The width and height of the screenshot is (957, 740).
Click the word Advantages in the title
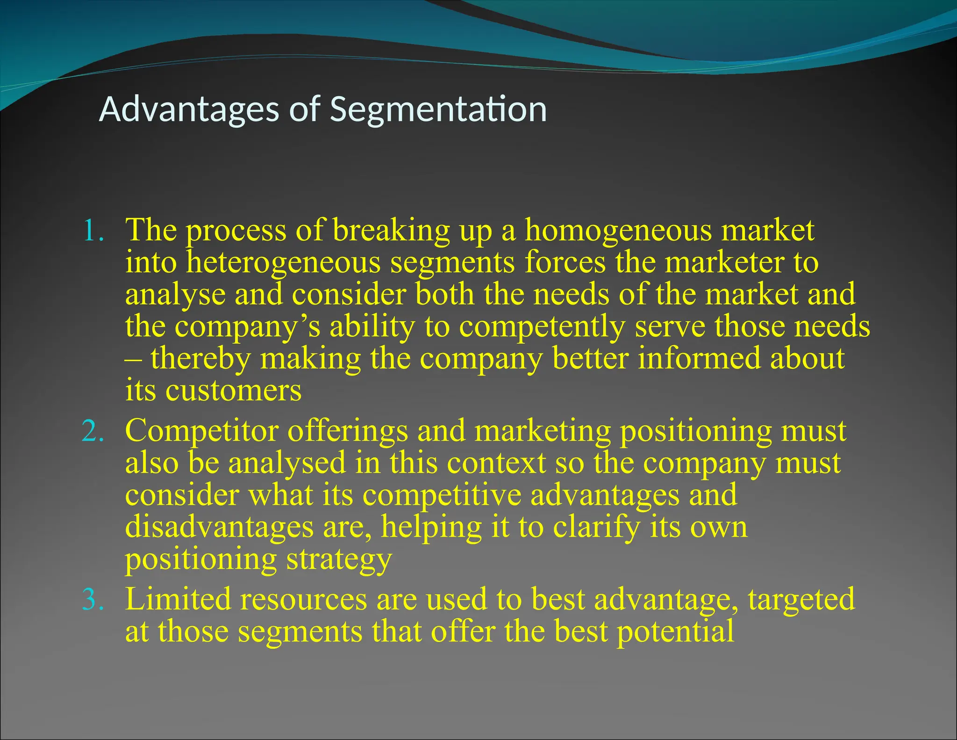[189, 109]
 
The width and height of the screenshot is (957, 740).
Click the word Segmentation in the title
[438, 109]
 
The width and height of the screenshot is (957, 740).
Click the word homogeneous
[617, 231]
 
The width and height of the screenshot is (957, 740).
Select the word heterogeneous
[283, 263]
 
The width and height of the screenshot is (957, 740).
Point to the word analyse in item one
[175, 296]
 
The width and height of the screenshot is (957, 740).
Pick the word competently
[542, 327]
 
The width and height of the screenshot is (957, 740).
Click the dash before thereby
[132, 359]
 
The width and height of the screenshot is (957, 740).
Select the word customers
[234, 391]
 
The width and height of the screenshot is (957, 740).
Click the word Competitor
[201, 431]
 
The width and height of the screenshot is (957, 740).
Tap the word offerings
[348, 431]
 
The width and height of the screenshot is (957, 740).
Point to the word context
[496, 463]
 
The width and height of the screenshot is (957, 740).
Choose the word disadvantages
[219, 528]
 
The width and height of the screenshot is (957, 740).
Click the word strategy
[339, 559]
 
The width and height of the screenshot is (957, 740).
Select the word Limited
[178, 600]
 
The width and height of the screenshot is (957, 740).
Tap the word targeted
[801, 600]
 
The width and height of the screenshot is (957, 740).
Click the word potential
[676, 631]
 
